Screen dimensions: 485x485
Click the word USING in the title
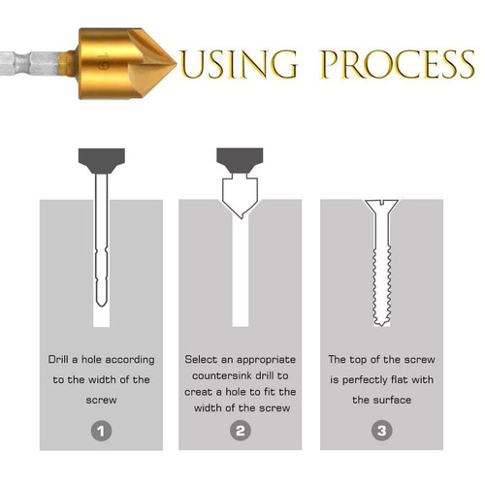click(239, 64)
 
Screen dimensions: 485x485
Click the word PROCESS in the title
click(397, 64)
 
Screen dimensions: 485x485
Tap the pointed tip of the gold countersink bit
click(176, 64)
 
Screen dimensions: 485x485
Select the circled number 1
click(101, 431)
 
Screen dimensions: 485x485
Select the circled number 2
click(241, 431)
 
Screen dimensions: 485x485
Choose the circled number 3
click(382, 431)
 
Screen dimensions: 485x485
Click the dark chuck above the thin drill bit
click(102, 161)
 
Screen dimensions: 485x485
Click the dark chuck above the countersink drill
click(240, 161)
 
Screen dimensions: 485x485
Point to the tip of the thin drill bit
click(102, 306)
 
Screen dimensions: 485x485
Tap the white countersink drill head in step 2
click(240, 197)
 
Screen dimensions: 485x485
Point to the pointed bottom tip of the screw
click(381, 325)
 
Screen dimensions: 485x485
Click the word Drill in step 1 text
click(58, 359)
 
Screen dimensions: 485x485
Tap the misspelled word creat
click(198, 392)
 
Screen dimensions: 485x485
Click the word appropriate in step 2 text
click(266, 360)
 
